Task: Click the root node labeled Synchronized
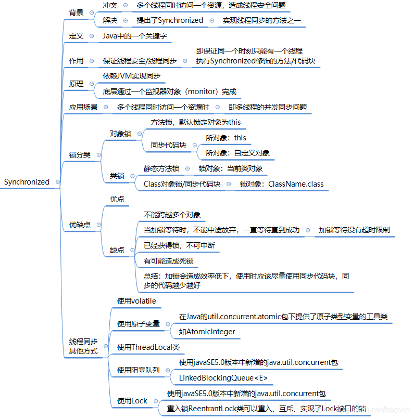[x=27, y=182]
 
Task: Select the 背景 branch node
[x=76, y=12]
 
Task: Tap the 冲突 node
[x=110, y=5]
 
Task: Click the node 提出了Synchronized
[x=170, y=20]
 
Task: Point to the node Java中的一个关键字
[x=134, y=36]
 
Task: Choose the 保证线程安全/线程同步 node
[x=139, y=61]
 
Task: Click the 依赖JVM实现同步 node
[x=131, y=76]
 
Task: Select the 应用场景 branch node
[x=83, y=108]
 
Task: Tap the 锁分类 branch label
[x=80, y=155]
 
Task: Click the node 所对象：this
[x=225, y=138]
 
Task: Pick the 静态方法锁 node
[x=161, y=168]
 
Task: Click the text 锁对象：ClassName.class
[x=281, y=184]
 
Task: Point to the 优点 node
[x=117, y=199]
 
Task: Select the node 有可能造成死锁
[x=169, y=261]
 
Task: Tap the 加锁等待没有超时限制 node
[x=354, y=230]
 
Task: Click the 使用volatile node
[x=136, y=301]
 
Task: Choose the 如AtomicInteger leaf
[x=207, y=332]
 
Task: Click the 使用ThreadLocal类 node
[x=148, y=347]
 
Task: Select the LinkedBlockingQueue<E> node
[x=223, y=378]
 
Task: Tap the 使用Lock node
[x=132, y=401]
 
